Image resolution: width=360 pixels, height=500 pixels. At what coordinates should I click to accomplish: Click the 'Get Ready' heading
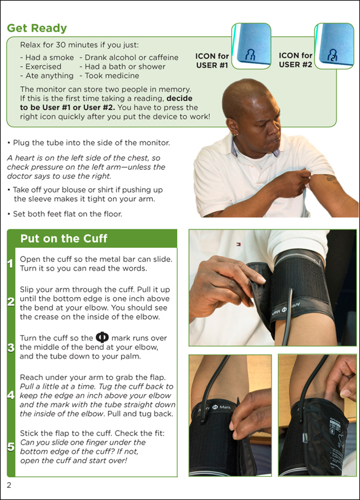pos(37,28)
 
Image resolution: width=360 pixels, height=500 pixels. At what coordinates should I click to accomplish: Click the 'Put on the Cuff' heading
pos(64,239)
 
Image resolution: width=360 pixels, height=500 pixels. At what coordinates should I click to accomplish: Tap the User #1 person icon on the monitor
pos(250,55)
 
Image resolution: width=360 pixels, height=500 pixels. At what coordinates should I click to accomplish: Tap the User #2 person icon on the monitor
pos(332,55)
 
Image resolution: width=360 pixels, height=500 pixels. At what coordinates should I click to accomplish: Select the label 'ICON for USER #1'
pos(212,61)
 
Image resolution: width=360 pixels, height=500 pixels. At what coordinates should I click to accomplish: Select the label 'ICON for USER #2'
pos(295,60)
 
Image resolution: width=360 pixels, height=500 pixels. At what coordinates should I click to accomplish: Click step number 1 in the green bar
pos(10,264)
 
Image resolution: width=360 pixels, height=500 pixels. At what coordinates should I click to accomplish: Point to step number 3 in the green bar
pos(11,347)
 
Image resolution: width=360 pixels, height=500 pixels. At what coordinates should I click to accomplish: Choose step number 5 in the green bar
pos(11,446)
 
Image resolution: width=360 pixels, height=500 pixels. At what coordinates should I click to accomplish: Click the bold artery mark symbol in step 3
pos(102,338)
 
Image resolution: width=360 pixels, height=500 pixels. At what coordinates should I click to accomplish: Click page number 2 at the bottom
pos(9,485)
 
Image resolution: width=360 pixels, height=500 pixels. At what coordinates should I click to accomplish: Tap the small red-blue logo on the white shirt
pos(238,244)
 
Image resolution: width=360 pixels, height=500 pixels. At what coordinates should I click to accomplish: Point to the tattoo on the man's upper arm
pos(330,178)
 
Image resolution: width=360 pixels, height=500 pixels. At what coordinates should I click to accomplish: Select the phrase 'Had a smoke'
pos(49,57)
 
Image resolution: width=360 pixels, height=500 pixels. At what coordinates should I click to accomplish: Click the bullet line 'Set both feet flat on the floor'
pos(65,213)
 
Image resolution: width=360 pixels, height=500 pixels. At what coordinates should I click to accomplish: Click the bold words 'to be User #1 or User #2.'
pos(67,108)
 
